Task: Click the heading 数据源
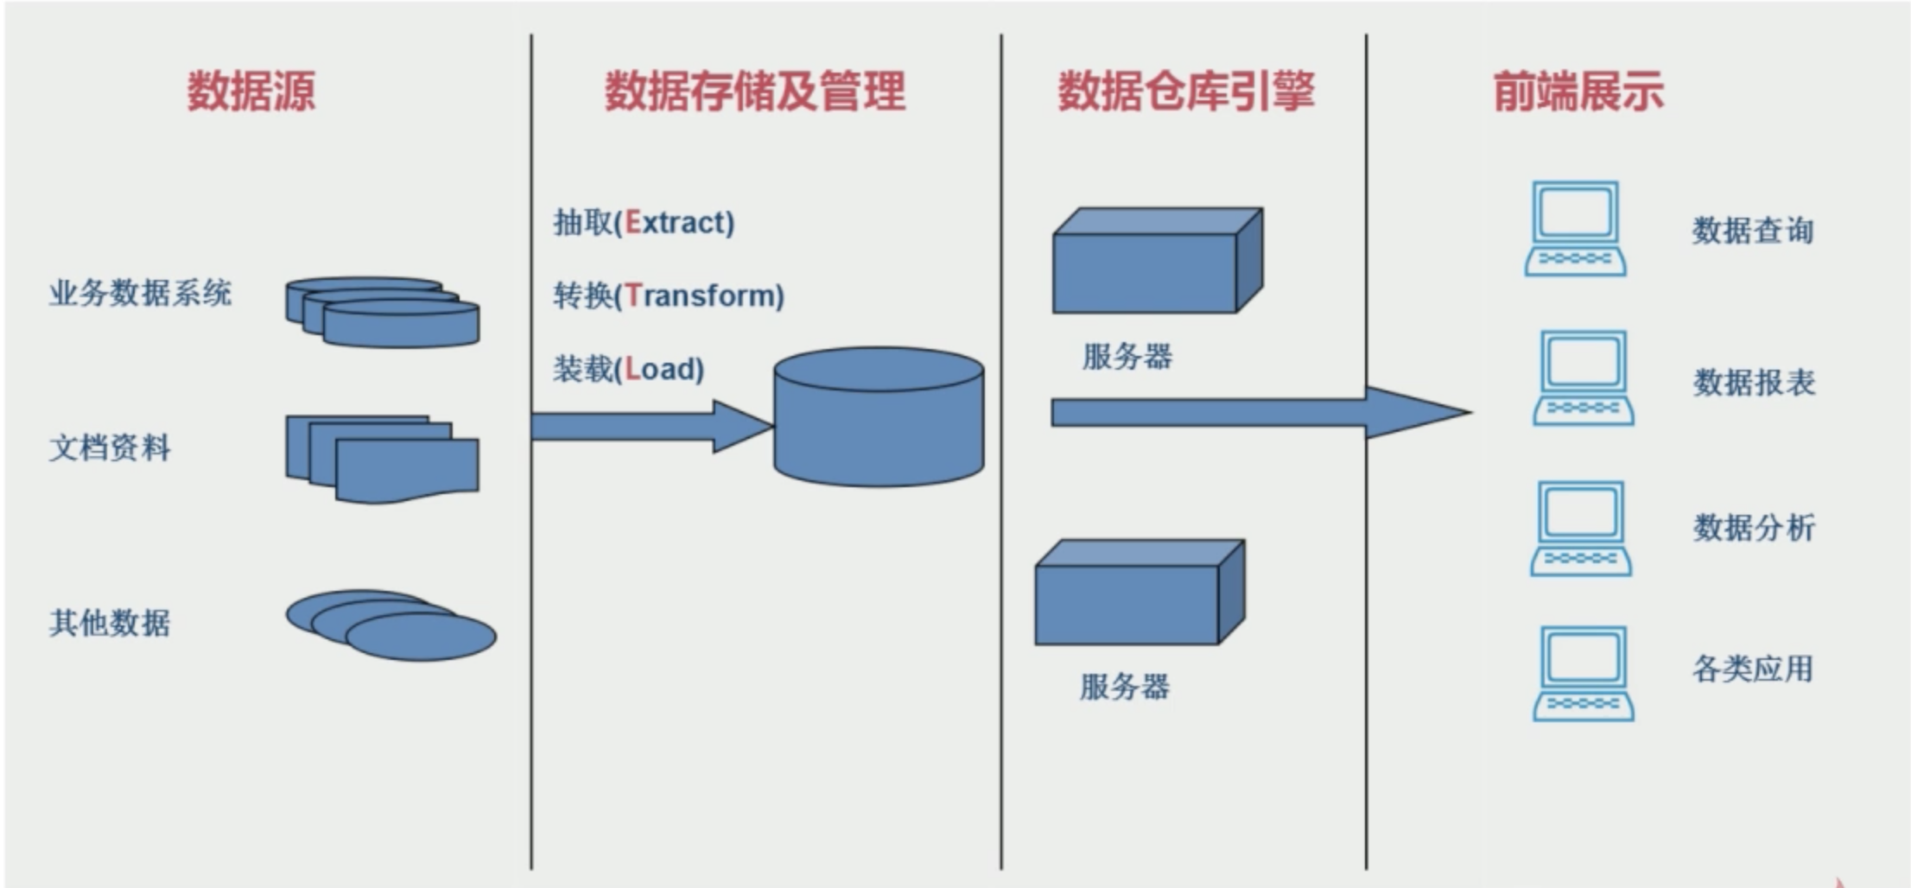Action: click(x=251, y=91)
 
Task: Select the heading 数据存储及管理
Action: click(x=754, y=91)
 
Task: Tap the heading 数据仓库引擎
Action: click(x=1186, y=91)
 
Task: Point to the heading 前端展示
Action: click(x=1578, y=91)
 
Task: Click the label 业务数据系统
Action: click(x=140, y=294)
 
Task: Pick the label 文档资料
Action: click(x=110, y=448)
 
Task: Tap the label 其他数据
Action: click(x=110, y=623)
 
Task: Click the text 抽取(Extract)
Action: click(x=644, y=223)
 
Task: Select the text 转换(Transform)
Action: click(x=669, y=296)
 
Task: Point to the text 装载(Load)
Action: click(x=629, y=370)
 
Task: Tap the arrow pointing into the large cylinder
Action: click(x=648, y=426)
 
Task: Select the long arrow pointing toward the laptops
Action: click(x=1253, y=413)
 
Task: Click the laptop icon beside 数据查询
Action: click(x=1575, y=229)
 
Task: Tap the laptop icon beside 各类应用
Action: click(x=1583, y=674)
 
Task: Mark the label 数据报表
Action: click(x=1754, y=383)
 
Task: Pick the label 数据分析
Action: click(x=1754, y=528)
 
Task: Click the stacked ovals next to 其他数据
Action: click(x=390, y=625)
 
